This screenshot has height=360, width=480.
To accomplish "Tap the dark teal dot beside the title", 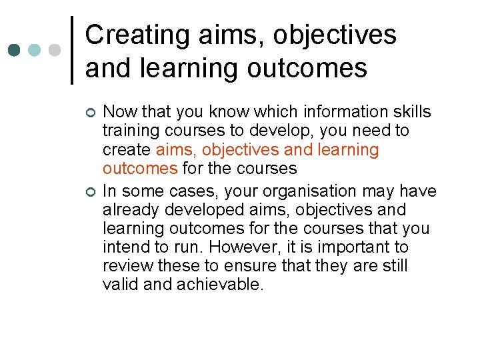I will [x=14, y=50].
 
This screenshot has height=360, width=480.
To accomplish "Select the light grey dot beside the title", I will [x=55, y=50].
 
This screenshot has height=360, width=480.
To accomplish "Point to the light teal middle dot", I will [x=35, y=50].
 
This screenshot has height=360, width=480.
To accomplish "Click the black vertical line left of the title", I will [x=72, y=50].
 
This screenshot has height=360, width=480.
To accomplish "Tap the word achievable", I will [x=220, y=285].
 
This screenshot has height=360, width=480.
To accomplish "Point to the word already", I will [x=131, y=210].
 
